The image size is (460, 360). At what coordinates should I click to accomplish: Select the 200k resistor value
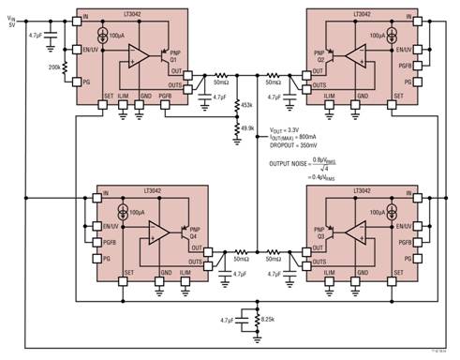pos(55,69)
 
